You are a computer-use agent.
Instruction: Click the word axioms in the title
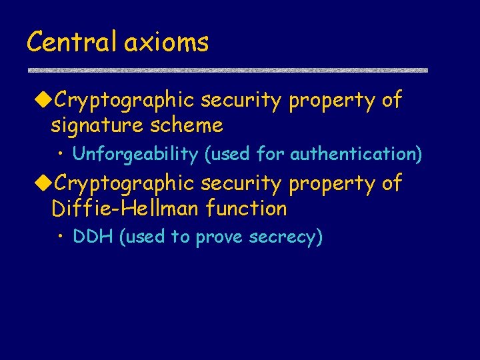[166, 42]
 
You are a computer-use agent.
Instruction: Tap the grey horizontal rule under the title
[227, 70]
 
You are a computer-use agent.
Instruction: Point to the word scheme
[189, 125]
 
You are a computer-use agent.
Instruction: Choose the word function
[246, 209]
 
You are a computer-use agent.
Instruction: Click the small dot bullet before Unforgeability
[61, 155]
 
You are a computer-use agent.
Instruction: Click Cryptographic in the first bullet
[124, 101]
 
